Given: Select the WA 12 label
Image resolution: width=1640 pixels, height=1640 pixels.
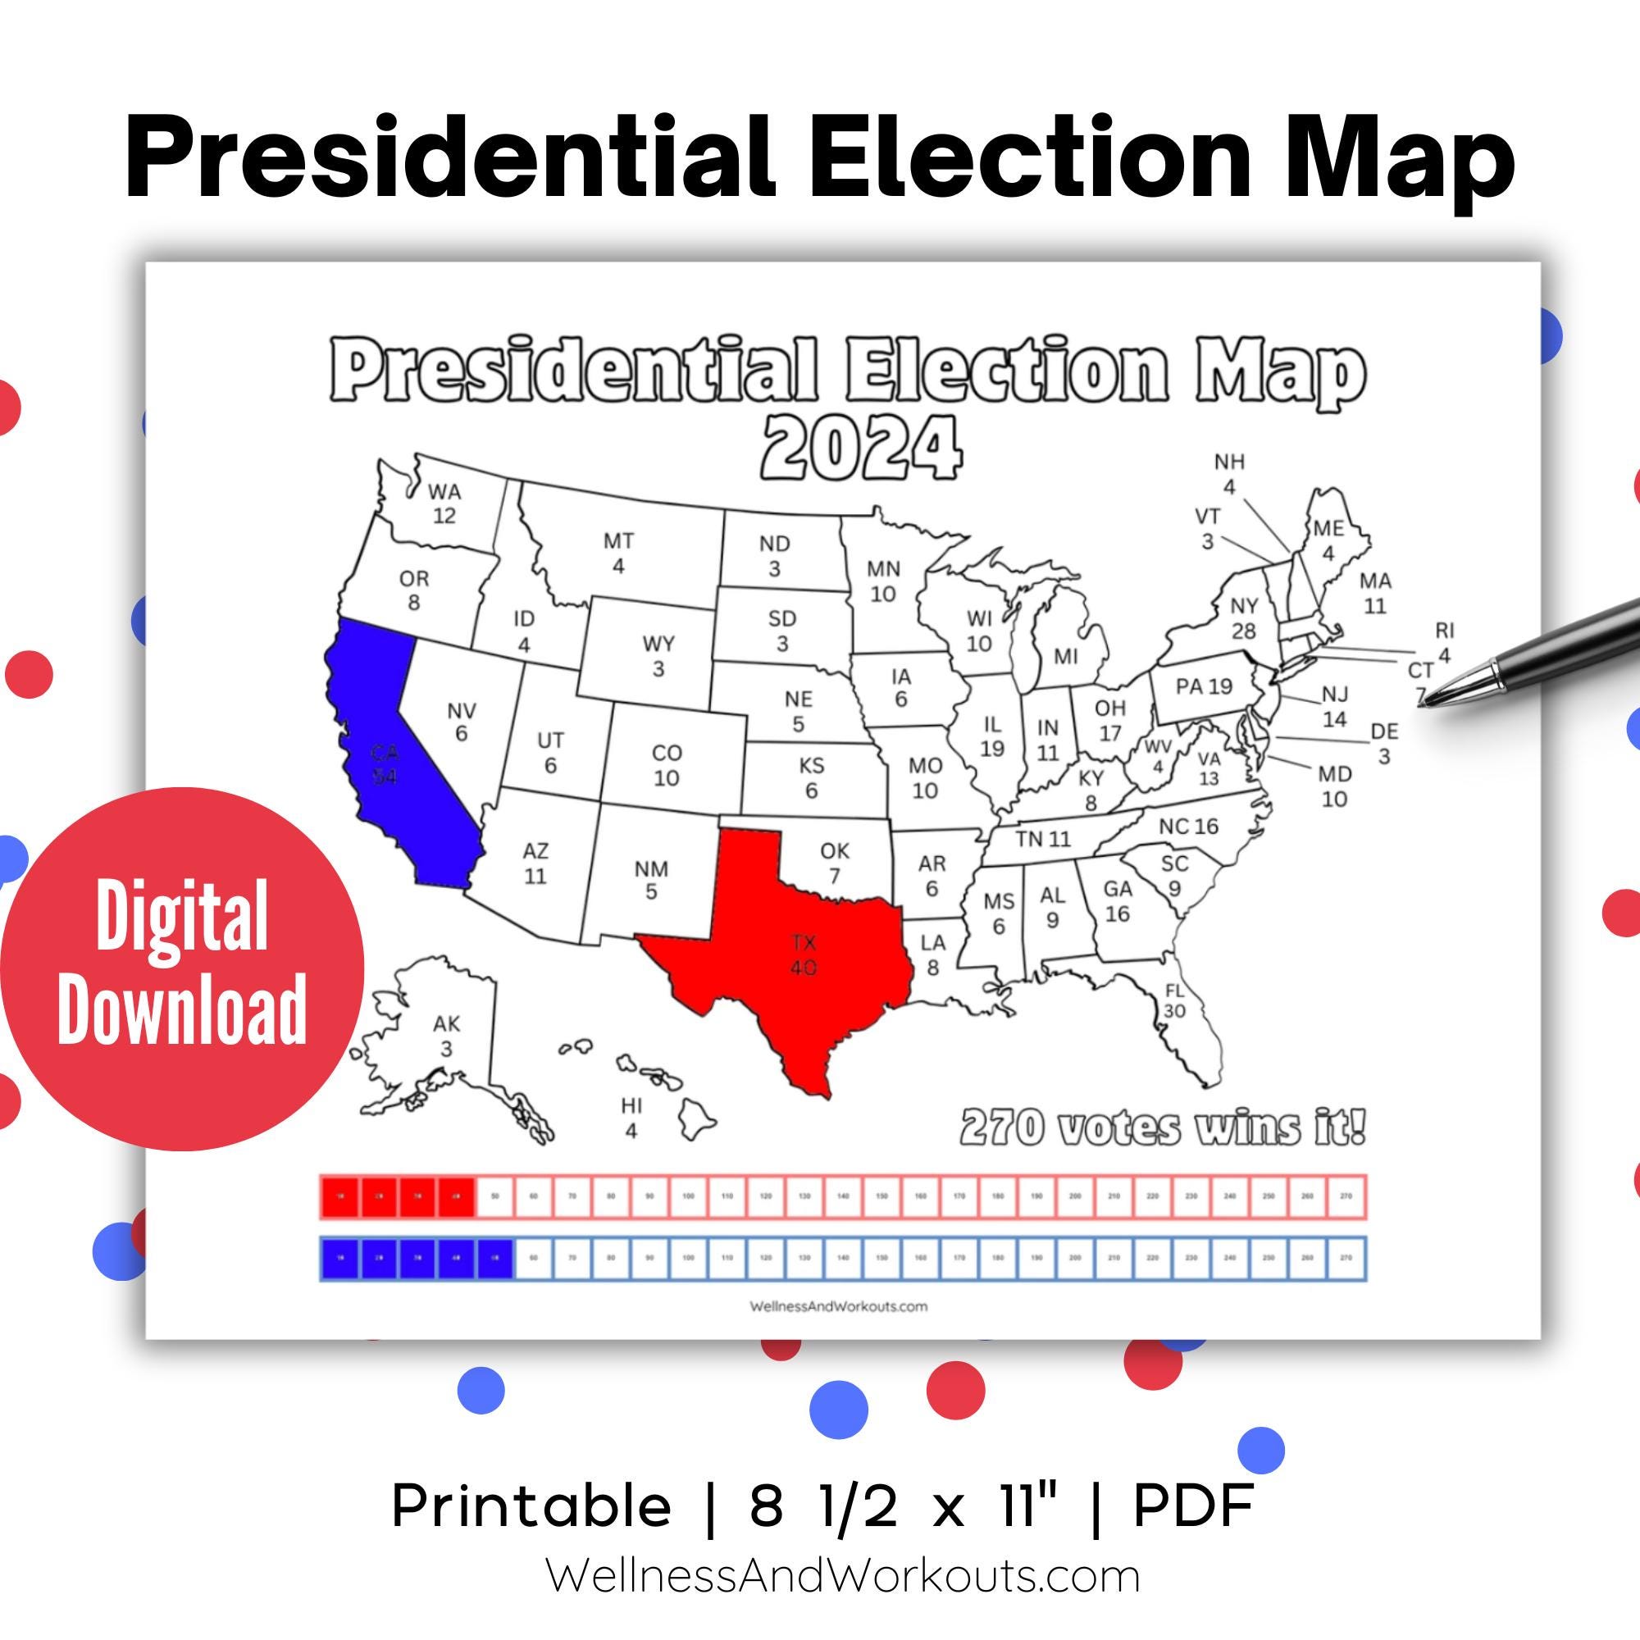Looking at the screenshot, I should point(444,503).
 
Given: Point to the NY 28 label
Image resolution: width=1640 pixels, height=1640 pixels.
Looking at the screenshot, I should point(1244,619).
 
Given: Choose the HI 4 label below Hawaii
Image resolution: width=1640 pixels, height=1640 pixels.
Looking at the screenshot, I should point(631,1118).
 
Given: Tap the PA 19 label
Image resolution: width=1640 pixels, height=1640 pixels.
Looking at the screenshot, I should point(1204,686).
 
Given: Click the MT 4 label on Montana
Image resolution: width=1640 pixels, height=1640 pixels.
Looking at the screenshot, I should point(618,553).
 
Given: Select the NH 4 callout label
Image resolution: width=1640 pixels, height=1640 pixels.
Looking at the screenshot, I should point(1228,474).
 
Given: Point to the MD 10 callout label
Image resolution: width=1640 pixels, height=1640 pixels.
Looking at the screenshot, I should point(1334,786).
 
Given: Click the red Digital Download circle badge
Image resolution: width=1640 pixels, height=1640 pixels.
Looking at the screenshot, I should point(182,968).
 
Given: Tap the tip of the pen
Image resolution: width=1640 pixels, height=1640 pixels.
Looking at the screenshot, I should point(1426,702).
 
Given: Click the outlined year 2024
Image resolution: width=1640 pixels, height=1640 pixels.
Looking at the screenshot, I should point(862,448).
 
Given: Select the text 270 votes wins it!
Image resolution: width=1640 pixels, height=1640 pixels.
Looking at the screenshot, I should point(1163,1128).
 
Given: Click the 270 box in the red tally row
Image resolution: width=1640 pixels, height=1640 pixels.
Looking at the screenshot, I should point(1346,1196).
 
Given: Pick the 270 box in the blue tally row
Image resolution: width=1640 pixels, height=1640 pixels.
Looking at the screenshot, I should point(1346,1258).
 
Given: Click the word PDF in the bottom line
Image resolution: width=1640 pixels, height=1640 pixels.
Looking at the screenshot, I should point(1192,1506).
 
